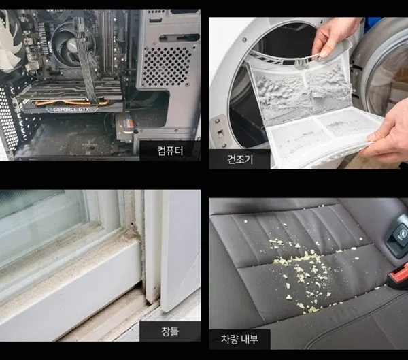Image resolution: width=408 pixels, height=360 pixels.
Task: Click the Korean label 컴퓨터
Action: (170, 150)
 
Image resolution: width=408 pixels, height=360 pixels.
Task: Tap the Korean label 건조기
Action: (240, 159)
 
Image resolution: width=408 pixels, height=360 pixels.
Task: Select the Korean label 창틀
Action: (170, 331)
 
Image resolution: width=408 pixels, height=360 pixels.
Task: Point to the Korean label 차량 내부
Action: (239, 339)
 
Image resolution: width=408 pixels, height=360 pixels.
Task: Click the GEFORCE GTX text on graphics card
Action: (71, 110)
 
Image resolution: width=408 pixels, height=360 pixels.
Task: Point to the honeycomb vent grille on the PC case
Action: (167, 66)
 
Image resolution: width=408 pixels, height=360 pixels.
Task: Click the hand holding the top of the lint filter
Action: (333, 37)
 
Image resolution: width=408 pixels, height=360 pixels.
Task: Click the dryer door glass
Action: (390, 76)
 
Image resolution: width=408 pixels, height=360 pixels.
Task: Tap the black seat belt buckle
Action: (397, 235)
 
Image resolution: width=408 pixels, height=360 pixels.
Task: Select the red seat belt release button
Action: (398, 274)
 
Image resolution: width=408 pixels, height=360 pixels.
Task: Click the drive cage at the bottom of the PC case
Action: (124, 128)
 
